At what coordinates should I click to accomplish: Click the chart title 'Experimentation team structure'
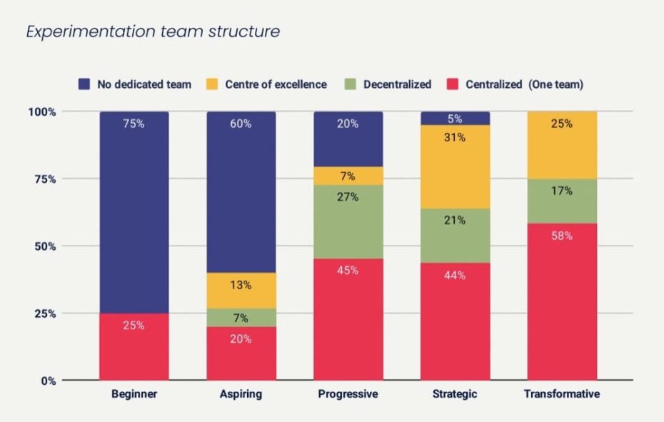152,32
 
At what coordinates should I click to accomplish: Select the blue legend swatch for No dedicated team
84,84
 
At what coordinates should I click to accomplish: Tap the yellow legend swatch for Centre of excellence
211,84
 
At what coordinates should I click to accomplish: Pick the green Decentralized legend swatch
351,84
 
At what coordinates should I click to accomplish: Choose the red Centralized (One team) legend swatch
453,84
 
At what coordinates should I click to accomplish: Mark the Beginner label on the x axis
134,394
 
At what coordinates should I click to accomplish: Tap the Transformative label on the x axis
562,394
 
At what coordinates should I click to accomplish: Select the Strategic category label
455,394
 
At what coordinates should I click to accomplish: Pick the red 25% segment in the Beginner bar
134,347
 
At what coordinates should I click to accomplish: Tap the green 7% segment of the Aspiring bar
241,318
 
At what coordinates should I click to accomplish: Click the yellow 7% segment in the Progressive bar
348,176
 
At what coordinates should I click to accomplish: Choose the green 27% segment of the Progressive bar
348,221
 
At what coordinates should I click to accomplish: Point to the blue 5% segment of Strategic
455,118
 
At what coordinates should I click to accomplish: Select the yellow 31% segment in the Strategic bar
455,166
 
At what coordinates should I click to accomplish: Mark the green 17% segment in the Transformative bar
562,201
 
